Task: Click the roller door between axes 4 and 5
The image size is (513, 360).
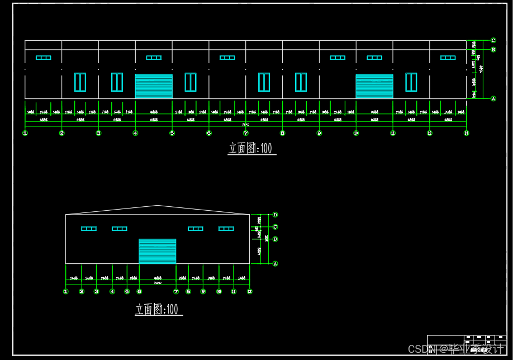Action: click(x=154, y=86)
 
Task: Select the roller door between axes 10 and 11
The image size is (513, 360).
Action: click(x=374, y=86)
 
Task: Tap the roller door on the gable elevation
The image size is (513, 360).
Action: click(x=157, y=251)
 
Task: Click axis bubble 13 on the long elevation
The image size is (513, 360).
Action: click(x=467, y=133)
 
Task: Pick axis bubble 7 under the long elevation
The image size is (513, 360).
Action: click(x=246, y=133)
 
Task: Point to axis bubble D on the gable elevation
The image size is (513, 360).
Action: click(x=275, y=215)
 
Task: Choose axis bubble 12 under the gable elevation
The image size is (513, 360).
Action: click(x=250, y=291)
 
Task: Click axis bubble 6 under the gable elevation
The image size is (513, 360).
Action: click(x=139, y=291)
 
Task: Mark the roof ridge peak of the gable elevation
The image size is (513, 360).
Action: click(x=158, y=206)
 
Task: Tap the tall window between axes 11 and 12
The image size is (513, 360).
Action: click(x=411, y=82)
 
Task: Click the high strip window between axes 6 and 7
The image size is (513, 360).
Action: click(x=227, y=58)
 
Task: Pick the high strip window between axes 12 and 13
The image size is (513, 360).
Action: click(x=448, y=58)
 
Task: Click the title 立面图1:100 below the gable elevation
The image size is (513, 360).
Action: click(x=159, y=309)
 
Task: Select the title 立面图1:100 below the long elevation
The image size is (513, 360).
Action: click(x=252, y=148)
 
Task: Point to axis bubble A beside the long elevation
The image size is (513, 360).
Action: click(x=493, y=98)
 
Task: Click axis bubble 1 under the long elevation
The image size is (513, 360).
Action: click(x=25, y=133)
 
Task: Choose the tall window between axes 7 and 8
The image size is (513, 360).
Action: click(x=264, y=82)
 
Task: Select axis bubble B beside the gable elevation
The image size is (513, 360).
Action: click(x=275, y=239)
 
